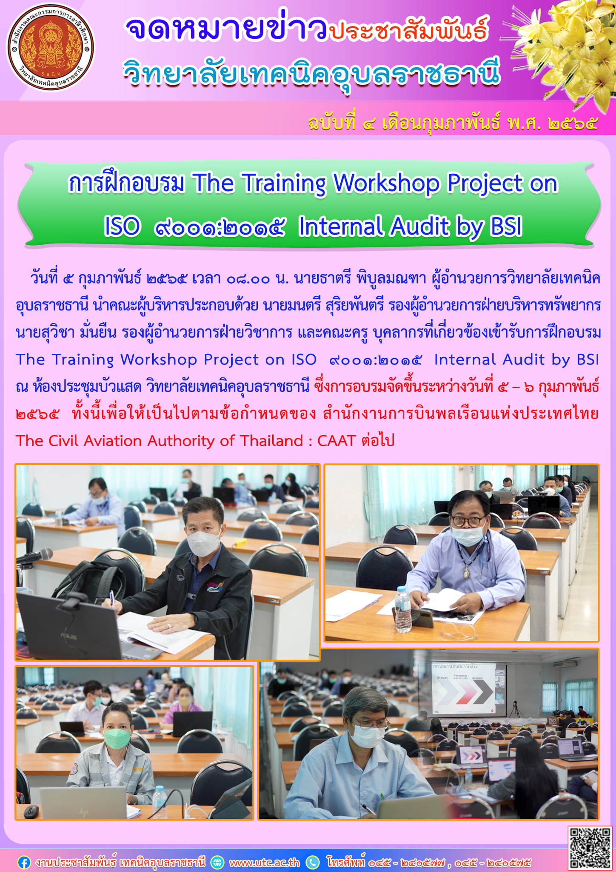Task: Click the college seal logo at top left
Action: (51, 48)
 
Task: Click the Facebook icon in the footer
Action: (24, 863)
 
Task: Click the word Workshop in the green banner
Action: (386, 184)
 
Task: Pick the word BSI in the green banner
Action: (506, 227)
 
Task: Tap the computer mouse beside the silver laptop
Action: (31, 812)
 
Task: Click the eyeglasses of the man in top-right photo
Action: (468, 521)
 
